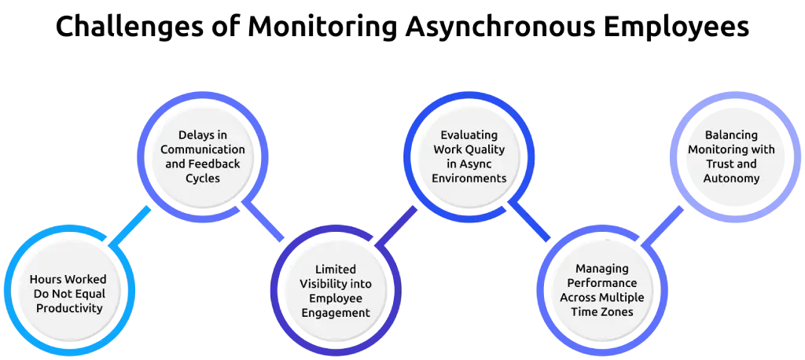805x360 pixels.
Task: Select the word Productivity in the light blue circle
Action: (69, 308)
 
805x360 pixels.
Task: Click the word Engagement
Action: (336, 312)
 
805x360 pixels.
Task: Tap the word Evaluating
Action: (469, 134)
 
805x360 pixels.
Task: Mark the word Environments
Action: (469, 178)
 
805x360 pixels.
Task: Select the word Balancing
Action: (731, 134)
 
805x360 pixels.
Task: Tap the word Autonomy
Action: (731, 178)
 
